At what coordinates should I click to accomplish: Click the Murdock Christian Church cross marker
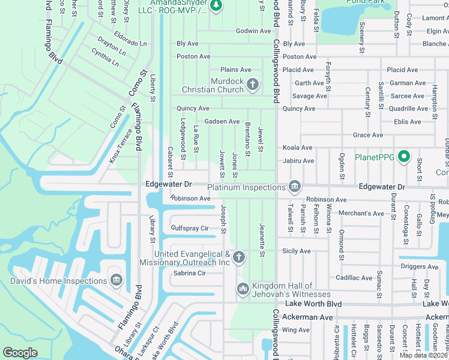(x=253, y=85)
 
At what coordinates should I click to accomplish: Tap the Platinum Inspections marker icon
(x=295, y=187)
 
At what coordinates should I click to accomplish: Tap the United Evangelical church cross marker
(x=239, y=258)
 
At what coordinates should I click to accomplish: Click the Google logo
(x=20, y=353)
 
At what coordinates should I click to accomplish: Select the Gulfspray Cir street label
(x=190, y=228)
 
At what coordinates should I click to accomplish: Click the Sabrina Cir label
(x=189, y=273)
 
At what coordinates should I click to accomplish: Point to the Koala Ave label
(x=298, y=148)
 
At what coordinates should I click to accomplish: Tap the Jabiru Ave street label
(x=298, y=161)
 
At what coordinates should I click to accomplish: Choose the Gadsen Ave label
(x=221, y=121)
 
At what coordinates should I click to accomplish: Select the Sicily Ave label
(x=297, y=251)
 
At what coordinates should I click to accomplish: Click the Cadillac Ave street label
(x=354, y=278)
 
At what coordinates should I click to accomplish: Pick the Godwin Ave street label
(x=253, y=31)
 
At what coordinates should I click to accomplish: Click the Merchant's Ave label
(x=361, y=213)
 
